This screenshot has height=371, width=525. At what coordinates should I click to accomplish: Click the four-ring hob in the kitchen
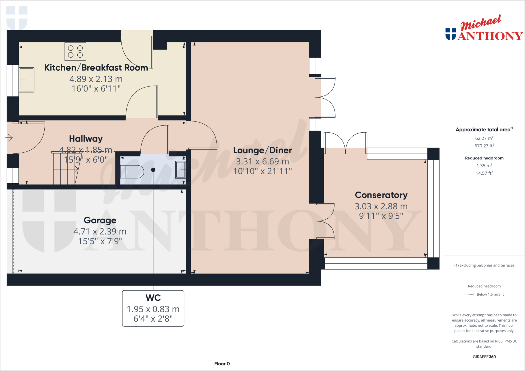click(75, 51)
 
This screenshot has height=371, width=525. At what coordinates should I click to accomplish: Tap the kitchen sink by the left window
click(27, 80)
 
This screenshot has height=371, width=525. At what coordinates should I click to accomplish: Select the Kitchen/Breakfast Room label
click(96, 68)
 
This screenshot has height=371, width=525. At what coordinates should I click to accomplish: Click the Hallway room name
click(86, 139)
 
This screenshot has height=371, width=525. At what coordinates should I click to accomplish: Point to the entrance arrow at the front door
click(9, 138)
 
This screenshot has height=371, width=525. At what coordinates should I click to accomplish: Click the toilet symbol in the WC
click(132, 172)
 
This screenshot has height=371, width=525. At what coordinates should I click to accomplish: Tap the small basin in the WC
click(180, 169)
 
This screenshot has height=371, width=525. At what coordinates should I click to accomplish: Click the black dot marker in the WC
click(153, 170)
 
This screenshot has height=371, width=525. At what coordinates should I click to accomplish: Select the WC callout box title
click(153, 298)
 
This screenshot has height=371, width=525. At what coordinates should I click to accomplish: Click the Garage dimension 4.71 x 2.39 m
click(100, 231)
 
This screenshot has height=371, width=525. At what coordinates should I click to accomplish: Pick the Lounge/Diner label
click(262, 150)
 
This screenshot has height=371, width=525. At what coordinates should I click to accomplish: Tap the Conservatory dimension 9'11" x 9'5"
click(381, 216)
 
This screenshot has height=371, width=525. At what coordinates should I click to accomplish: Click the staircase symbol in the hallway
click(66, 169)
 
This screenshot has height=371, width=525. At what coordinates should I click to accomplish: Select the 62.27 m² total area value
click(484, 138)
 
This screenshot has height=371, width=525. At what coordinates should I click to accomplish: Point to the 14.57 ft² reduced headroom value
click(484, 173)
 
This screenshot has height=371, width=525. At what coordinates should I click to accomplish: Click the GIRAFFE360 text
click(484, 357)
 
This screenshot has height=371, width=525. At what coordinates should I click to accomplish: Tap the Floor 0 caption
click(222, 364)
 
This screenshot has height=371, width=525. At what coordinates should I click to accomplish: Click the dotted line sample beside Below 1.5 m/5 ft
click(469, 294)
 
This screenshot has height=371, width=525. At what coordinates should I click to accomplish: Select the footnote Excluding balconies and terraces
click(484, 265)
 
